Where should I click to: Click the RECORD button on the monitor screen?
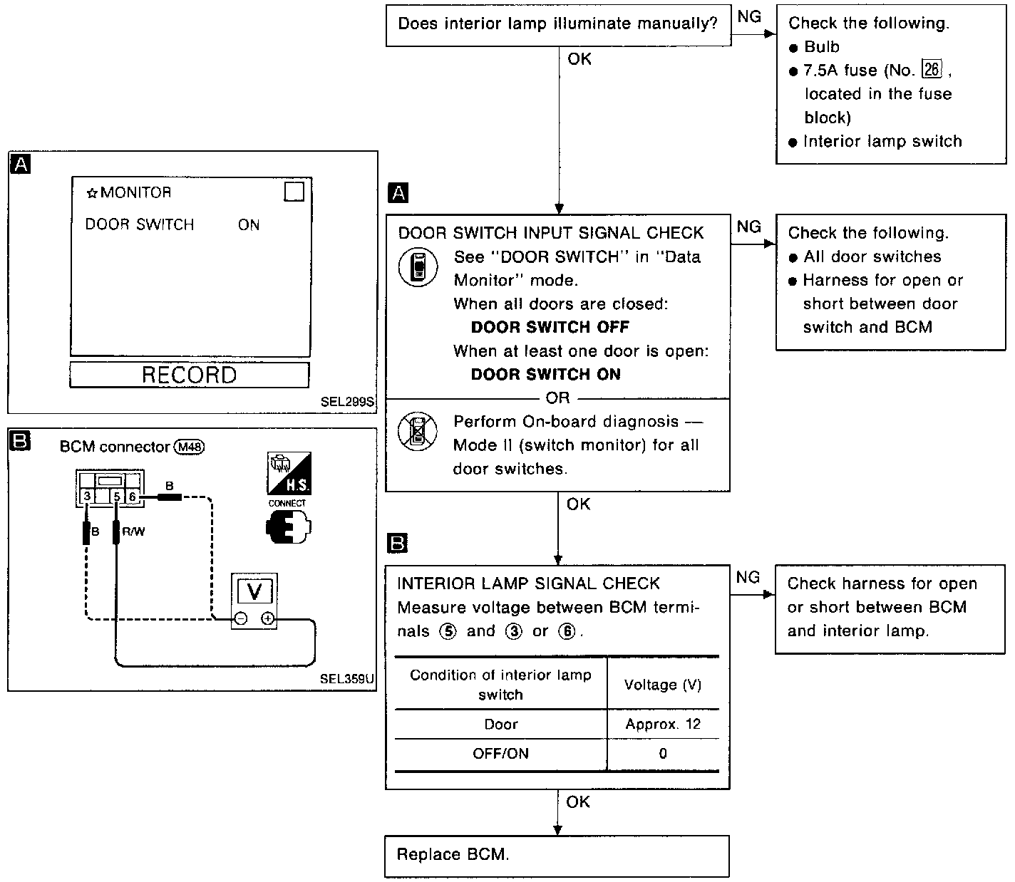pos(189,375)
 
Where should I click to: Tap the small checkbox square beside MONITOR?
pos(294,192)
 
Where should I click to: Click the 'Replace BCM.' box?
pos(557,856)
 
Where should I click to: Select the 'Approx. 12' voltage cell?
pos(663,725)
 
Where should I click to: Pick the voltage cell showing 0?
pos(663,754)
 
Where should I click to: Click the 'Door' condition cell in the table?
pos(500,725)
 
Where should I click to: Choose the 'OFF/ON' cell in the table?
pos(500,754)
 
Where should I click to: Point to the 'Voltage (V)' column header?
pos(663,685)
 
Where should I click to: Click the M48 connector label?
pos(190,447)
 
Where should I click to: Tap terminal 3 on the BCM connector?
pos(86,496)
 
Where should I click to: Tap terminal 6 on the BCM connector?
pos(133,496)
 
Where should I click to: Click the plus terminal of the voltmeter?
pos(267,619)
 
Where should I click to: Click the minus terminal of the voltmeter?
pos(241,619)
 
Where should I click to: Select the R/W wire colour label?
pos(133,531)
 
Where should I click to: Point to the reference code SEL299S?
pos(347,402)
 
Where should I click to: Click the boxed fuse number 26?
pos(932,70)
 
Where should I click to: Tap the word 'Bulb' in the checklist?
pos(822,47)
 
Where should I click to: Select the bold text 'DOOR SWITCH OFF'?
pos(550,327)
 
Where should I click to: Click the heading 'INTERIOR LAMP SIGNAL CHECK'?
pos(528,583)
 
